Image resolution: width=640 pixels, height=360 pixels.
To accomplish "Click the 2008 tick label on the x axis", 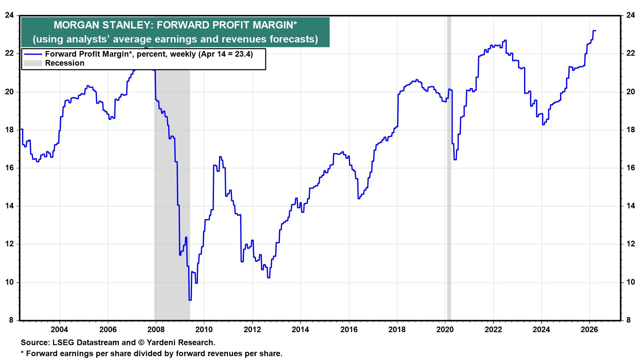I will coord(156,330).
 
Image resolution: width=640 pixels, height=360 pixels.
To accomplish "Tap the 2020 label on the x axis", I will coord(445,330).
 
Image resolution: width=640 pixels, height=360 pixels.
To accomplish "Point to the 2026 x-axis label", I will coord(590,330).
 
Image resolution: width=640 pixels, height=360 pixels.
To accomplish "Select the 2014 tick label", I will coord(300,330).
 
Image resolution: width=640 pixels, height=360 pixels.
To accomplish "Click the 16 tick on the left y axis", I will coord(10,168).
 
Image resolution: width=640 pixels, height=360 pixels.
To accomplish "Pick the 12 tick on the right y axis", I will coord(630,244).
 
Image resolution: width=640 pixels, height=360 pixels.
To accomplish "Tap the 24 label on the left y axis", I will coord(10,15).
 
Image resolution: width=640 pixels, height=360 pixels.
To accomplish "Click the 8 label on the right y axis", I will coord(628,321).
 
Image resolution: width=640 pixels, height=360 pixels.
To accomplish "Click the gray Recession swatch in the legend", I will coord(33,63).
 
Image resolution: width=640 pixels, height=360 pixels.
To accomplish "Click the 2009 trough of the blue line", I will coord(190,300).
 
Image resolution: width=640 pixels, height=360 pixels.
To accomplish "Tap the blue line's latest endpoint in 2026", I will coord(596,31).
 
